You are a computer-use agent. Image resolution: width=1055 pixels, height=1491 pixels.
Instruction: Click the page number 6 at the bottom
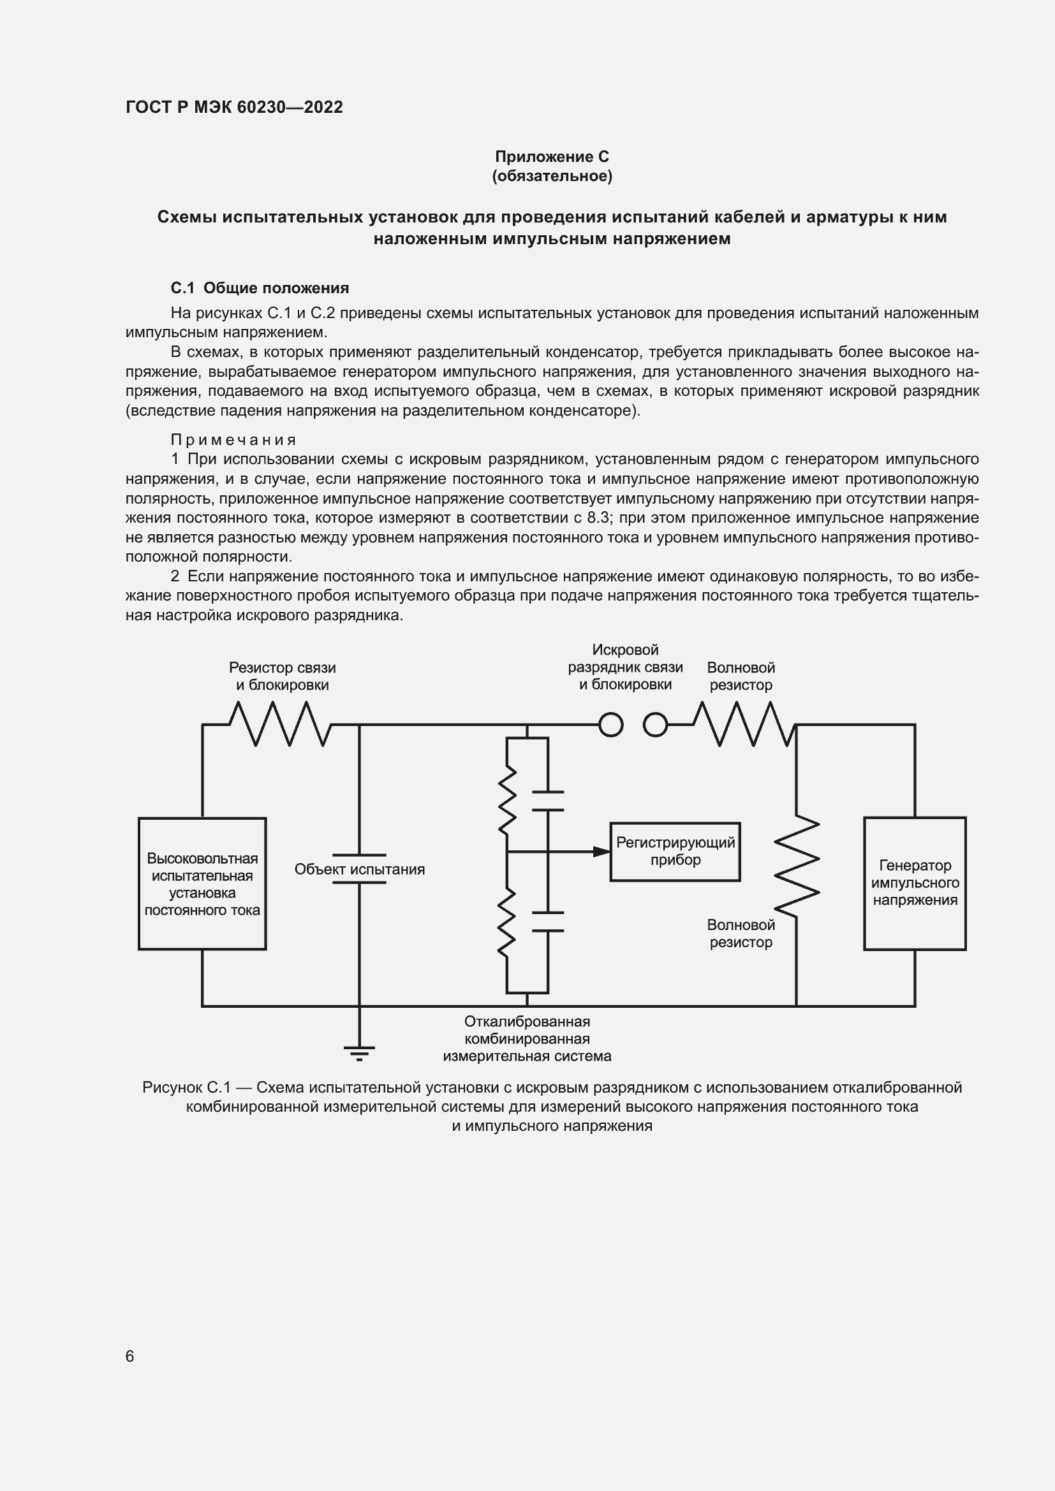point(130,1356)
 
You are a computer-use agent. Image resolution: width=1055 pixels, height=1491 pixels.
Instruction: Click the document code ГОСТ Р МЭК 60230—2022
point(234,107)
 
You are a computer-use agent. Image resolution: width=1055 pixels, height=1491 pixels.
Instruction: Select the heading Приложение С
point(552,157)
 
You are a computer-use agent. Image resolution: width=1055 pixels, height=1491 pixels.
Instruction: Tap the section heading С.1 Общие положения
point(260,287)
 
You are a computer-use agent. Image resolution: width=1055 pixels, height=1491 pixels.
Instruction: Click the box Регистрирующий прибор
point(675,852)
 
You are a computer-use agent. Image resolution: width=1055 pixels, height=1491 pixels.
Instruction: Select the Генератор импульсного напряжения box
point(914,883)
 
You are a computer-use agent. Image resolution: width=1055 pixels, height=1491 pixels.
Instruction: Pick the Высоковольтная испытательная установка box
point(202,884)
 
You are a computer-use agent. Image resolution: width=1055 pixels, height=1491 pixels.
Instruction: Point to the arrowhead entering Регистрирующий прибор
point(601,852)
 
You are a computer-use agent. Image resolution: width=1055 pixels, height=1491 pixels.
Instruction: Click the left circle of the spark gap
point(610,725)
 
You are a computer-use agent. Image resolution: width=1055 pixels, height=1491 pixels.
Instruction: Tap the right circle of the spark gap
point(655,725)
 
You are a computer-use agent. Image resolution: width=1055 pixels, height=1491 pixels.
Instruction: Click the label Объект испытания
point(359,869)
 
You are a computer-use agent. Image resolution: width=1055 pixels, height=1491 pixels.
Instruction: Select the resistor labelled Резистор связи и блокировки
point(281,725)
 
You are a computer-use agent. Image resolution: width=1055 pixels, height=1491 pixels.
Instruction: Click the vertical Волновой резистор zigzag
point(797,864)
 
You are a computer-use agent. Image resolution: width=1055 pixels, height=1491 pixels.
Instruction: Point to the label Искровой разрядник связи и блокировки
point(625,667)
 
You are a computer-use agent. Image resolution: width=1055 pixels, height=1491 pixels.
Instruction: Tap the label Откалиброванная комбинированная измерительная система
point(527,1039)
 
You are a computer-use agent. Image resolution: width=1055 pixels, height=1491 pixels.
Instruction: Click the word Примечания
point(233,440)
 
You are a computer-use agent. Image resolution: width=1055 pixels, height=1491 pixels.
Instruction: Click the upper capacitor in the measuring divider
point(548,801)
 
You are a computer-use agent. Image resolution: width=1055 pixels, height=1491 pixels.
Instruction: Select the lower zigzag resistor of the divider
point(506,923)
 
